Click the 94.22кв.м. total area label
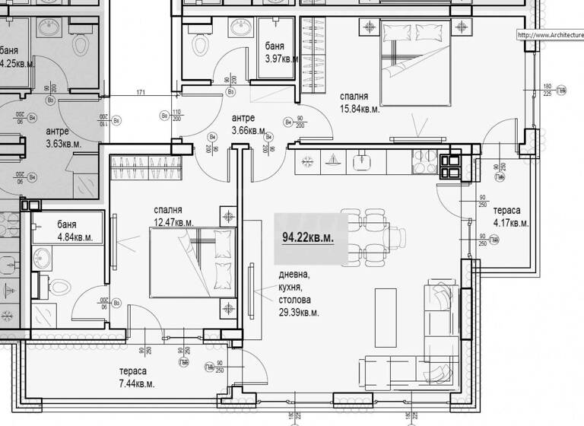click(308, 237)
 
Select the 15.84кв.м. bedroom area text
click(360, 109)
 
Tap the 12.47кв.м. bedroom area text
click(173, 222)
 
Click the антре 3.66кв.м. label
click(248, 124)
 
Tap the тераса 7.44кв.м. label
click(136, 377)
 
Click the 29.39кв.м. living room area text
click(298, 312)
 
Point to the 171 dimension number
click(141, 93)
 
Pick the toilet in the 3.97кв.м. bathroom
click(202, 43)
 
